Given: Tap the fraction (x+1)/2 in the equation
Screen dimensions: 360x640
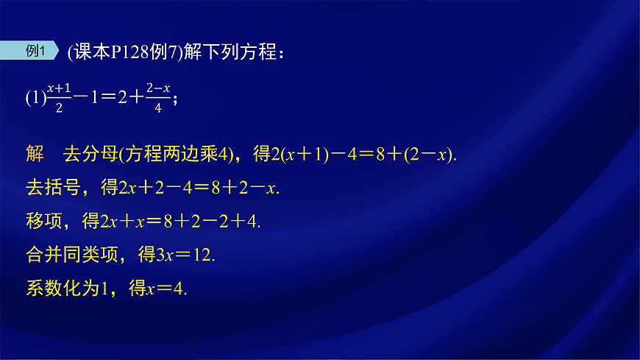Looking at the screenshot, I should pyautogui.click(x=58, y=96).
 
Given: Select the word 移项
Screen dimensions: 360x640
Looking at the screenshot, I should pyautogui.click(x=43, y=221).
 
